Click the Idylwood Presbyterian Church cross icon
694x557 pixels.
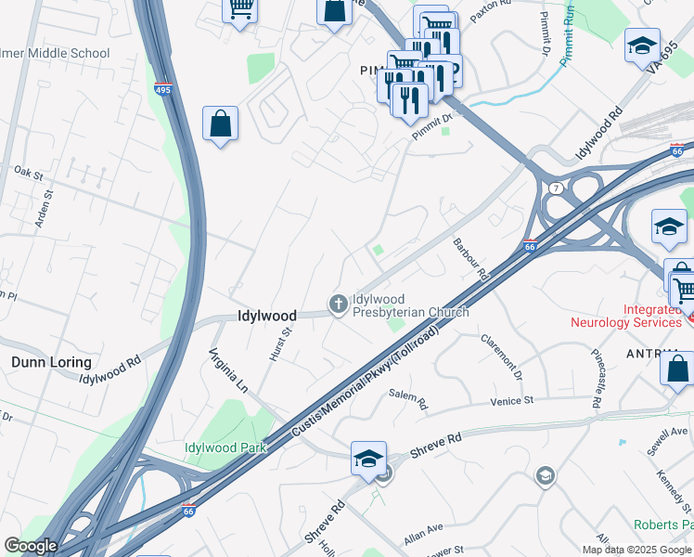pyautogui.click(x=339, y=303)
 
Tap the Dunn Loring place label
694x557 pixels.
pyautogui.click(x=51, y=362)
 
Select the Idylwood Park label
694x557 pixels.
pyautogui.click(x=225, y=447)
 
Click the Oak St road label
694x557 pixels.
pyautogui.click(x=29, y=173)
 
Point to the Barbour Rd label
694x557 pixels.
pyautogui.click(x=470, y=260)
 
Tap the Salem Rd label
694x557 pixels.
pyautogui.click(x=407, y=399)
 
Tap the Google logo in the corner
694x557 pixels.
pyautogui.click(x=30, y=546)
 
